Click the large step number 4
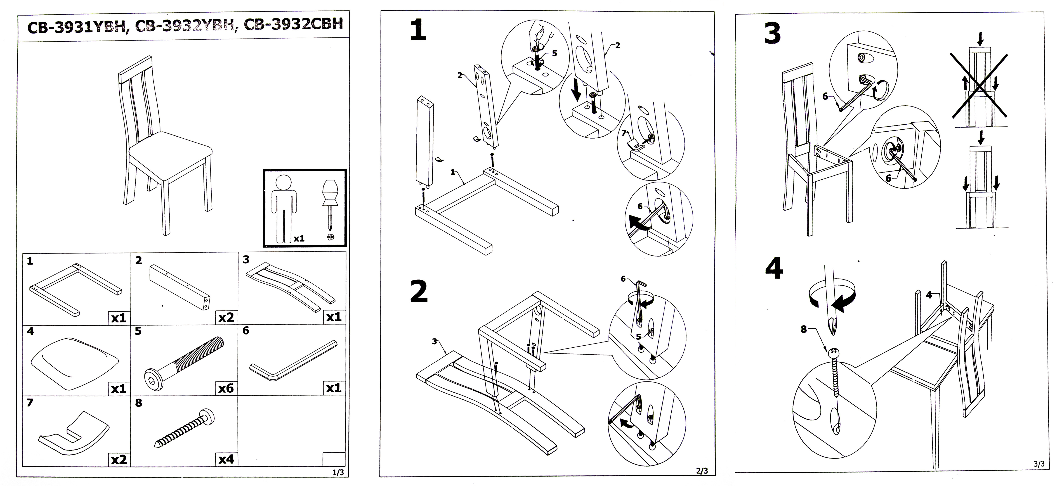tap(774, 269)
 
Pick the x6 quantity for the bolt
tap(226, 388)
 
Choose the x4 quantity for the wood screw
tap(226, 459)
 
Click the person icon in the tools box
tap(284, 208)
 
